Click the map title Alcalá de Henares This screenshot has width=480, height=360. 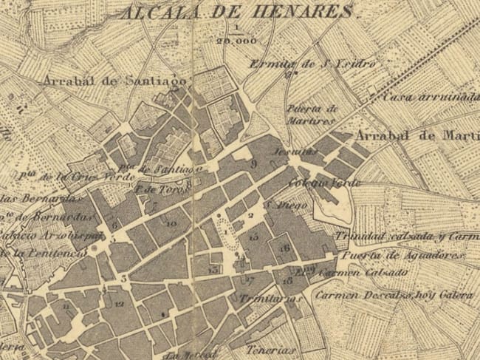pyautogui.click(x=236, y=13)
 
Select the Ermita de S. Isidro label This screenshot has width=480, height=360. pyautogui.click(x=313, y=64)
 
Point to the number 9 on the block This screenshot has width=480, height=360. pyautogui.click(x=253, y=163)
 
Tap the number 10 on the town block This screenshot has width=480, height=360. pyautogui.click(x=171, y=223)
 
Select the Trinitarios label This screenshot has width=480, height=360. pyautogui.click(x=272, y=299)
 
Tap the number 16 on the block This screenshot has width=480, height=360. pyautogui.click(x=284, y=248)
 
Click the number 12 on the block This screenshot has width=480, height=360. pyautogui.click(x=119, y=304)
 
